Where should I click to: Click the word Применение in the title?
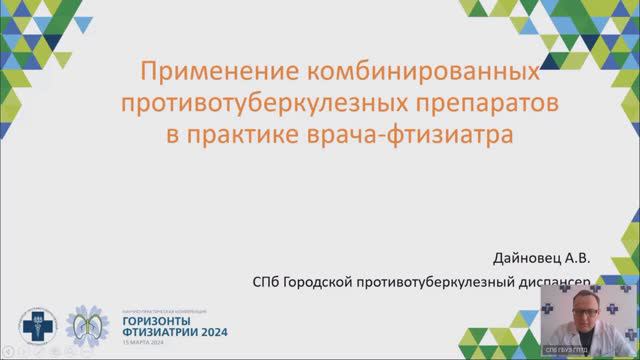(x=204, y=73)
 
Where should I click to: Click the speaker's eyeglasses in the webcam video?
(x=584, y=305)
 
